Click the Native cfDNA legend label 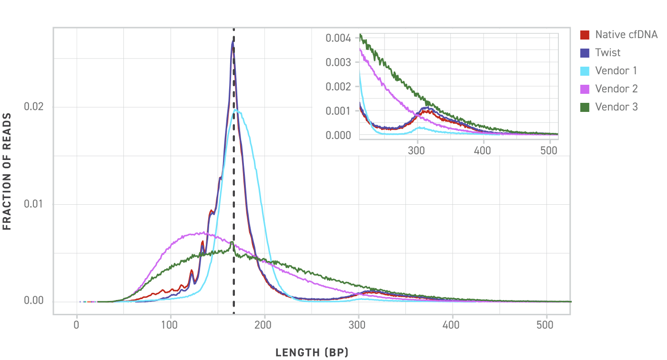click(626, 34)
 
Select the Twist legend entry click(608, 52)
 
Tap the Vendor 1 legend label click(616, 70)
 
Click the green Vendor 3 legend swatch click(585, 107)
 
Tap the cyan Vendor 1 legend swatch click(585, 70)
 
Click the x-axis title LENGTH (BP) click(312, 353)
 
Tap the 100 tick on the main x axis click(171, 326)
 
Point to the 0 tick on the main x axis click(77, 326)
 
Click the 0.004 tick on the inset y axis click(339, 38)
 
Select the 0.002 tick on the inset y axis click(339, 86)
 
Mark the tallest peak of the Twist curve click(233, 42)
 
